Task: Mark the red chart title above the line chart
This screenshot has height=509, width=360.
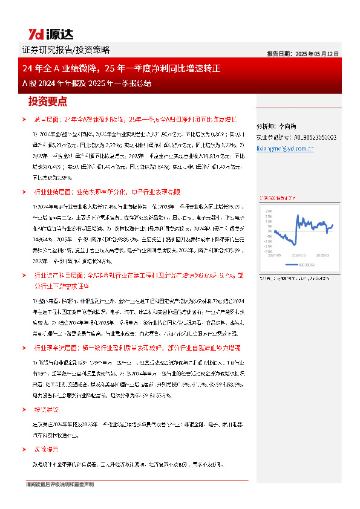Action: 278,197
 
